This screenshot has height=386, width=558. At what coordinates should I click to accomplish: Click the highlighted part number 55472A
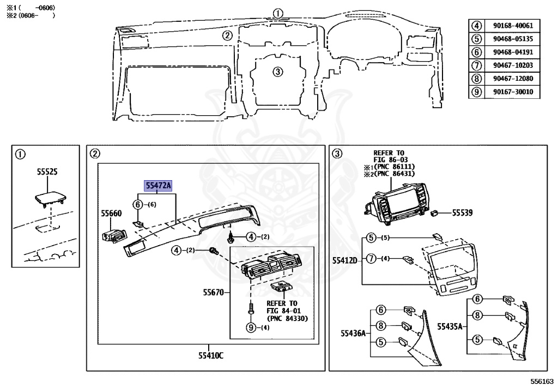tap(157, 186)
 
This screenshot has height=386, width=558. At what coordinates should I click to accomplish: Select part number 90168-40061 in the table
tap(512, 25)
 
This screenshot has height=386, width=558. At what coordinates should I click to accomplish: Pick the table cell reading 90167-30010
tap(512, 92)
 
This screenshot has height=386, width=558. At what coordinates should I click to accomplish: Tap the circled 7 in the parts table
tap(477, 65)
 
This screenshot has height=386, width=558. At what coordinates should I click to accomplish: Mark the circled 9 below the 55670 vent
tap(251, 328)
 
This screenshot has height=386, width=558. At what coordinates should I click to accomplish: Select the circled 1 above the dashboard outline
tap(278, 13)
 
